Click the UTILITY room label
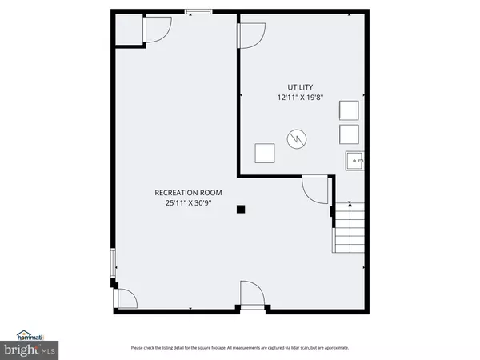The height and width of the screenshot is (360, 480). click(301, 87)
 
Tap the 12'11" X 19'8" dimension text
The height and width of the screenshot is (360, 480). click(301, 98)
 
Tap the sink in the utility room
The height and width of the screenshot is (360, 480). click(354, 161)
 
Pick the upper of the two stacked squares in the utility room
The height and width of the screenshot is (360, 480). click(349, 110)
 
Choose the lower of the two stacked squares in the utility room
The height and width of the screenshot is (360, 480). click(349, 134)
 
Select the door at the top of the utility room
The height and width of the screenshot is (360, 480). click(251, 34)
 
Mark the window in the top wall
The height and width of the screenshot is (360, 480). click(198, 11)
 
